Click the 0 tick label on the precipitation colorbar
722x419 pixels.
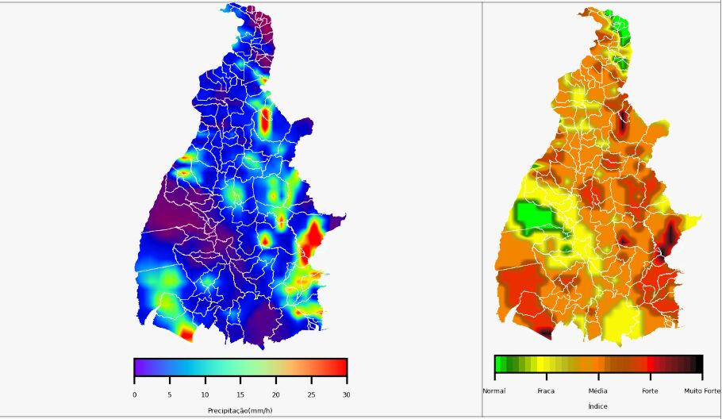pos(134,394)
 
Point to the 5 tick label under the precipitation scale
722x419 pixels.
pos(169,394)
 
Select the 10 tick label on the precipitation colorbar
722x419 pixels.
pos(205,394)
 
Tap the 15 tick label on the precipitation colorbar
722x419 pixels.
pos(240,394)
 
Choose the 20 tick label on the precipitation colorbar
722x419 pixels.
pos(275,394)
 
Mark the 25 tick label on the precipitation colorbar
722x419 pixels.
pos(311,394)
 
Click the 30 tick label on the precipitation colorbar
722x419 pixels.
pos(346,394)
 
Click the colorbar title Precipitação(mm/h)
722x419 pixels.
pos(240,410)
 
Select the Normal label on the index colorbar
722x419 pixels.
pos(493,390)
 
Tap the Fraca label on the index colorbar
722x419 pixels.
pos(546,390)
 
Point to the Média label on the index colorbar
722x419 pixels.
pos(597,390)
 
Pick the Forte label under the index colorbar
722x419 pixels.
pos(650,390)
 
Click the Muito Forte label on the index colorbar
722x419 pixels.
pos(702,390)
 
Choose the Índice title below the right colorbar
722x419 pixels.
pos(597,406)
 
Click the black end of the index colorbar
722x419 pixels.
pos(699,364)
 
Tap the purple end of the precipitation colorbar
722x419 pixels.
pos(137,367)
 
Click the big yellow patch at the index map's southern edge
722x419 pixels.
pos(620,320)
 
